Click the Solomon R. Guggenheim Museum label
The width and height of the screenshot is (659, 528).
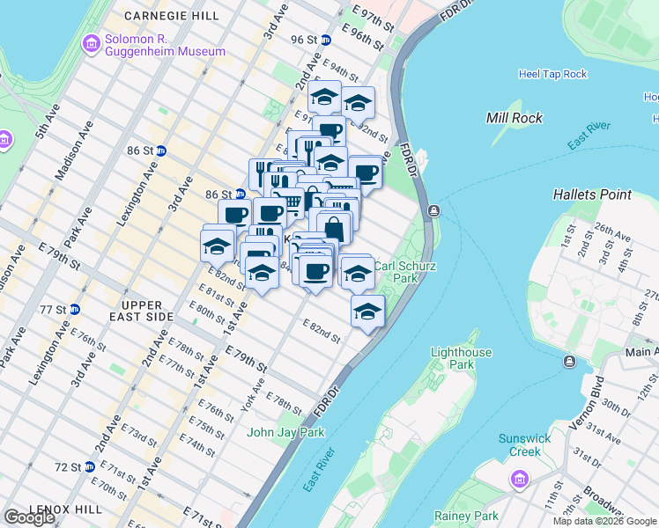(x=165, y=46)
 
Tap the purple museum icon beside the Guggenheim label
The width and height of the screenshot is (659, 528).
(x=91, y=44)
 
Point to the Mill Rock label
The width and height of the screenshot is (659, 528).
(x=515, y=118)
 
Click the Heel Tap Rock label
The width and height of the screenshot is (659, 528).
(x=552, y=74)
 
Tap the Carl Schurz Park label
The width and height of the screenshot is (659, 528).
(x=395, y=271)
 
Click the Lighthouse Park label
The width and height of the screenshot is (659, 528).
(x=461, y=358)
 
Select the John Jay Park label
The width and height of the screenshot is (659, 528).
(x=285, y=432)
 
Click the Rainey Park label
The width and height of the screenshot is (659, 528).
(x=466, y=516)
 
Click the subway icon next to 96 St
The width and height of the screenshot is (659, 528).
(x=325, y=40)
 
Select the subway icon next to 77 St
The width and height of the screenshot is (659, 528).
(x=75, y=309)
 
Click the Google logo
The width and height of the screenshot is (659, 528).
(x=28, y=517)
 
